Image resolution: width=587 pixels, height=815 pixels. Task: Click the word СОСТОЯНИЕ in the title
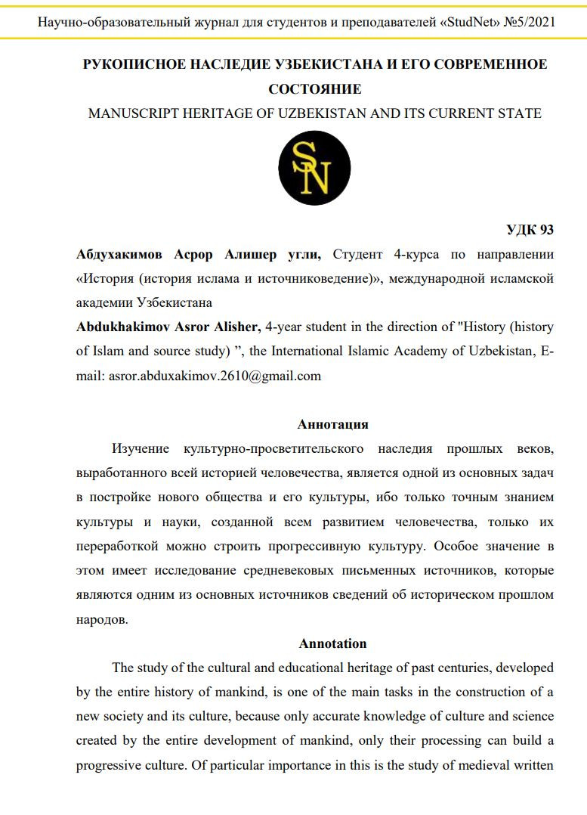coord(314,89)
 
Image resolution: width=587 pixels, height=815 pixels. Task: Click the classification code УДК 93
coord(530,231)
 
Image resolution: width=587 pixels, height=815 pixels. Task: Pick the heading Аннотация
coord(333,424)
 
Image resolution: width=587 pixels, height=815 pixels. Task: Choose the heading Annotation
coord(333,643)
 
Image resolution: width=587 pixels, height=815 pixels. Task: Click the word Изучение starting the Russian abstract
coord(141,449)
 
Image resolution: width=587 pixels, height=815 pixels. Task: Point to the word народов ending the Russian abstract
coord(103,619)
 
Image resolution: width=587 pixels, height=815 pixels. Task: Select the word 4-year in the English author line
coord(286,327)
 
